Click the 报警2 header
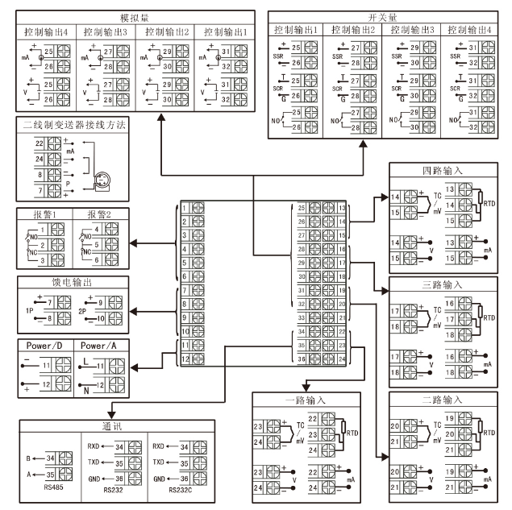(101, 215)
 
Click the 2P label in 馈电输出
(83, 310)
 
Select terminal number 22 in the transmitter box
(38, 143)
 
